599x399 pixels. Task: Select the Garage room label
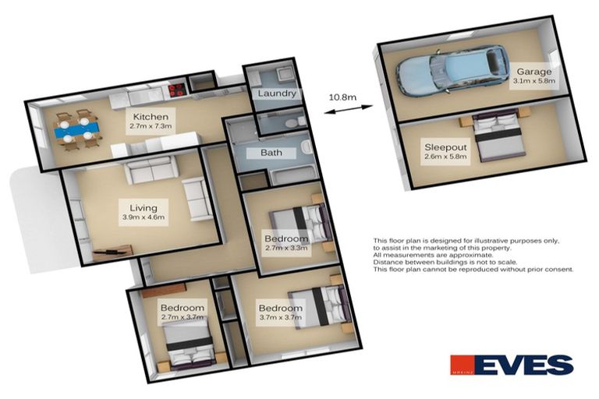point(532,72)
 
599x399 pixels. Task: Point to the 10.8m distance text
point(342,97)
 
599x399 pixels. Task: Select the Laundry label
point(276,94)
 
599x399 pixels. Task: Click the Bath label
point(271,153)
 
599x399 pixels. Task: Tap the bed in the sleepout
point(498,137)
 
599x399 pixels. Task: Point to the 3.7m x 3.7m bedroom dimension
point(280,319)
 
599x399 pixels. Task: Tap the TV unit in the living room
point(113,250)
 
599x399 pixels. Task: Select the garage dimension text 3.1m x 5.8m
point(533,81)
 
